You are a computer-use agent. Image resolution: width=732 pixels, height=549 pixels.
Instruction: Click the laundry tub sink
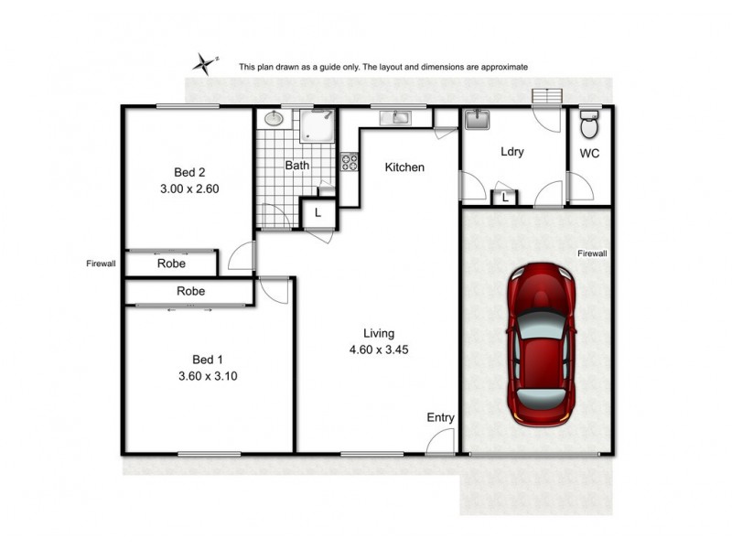(x=477, y=120)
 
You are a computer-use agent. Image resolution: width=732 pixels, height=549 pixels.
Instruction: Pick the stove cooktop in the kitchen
(x=349, y=162)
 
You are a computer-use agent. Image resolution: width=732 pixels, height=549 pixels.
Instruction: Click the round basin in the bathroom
(x=274, y=118)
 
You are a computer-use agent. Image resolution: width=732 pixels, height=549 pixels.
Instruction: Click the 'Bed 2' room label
(x=189, y=171)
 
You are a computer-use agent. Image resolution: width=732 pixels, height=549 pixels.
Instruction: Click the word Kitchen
(x=404, y=167)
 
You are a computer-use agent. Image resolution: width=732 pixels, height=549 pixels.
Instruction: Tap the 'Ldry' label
(x=511, y=153)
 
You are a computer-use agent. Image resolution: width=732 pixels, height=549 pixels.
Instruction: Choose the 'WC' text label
(x=590, y=154)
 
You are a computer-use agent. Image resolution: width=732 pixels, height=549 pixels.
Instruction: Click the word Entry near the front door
(x=440, y=417)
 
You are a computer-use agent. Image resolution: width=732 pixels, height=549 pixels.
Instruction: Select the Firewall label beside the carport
(x=592, y=253)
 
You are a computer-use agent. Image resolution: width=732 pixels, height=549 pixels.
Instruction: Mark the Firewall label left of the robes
(x=101, y=264)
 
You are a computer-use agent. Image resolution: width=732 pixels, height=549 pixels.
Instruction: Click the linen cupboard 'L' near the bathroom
(x=317, y=212)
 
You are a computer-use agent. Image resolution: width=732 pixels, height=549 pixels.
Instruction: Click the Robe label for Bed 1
(x=191, y=292)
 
